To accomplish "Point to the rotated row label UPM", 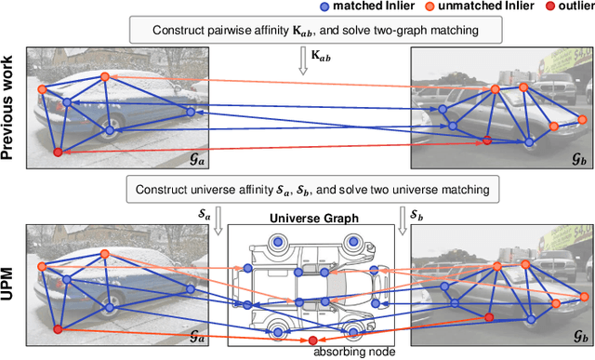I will [12, 280].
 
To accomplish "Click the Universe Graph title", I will [310, 220].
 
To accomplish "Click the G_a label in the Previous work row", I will [172, 159].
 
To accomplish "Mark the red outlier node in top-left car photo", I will [58, 152].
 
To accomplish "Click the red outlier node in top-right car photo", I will [486, 140].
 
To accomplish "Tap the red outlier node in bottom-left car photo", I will [58, 329].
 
